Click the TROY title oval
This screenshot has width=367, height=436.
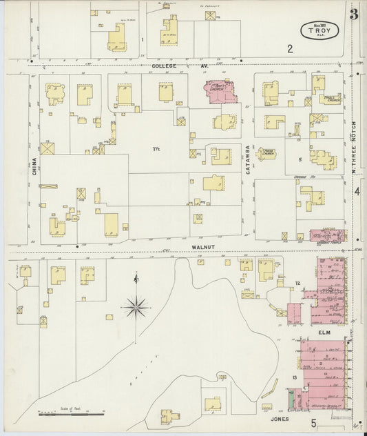(x=318, y=31)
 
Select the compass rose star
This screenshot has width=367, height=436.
(x=136, y=305)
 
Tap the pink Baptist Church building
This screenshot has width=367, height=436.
(x=221, y=92)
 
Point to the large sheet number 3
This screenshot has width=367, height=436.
(x=353, y=13)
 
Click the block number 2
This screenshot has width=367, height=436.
(x=290, y=48)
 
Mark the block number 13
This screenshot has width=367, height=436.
(x=294, y=378)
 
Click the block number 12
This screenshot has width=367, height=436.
(x=297, y=284)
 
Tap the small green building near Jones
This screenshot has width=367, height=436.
(x=291, y=398)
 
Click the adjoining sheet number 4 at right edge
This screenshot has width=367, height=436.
(x=357, y=191)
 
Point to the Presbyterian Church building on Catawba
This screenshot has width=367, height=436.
(x=266, y=153)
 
